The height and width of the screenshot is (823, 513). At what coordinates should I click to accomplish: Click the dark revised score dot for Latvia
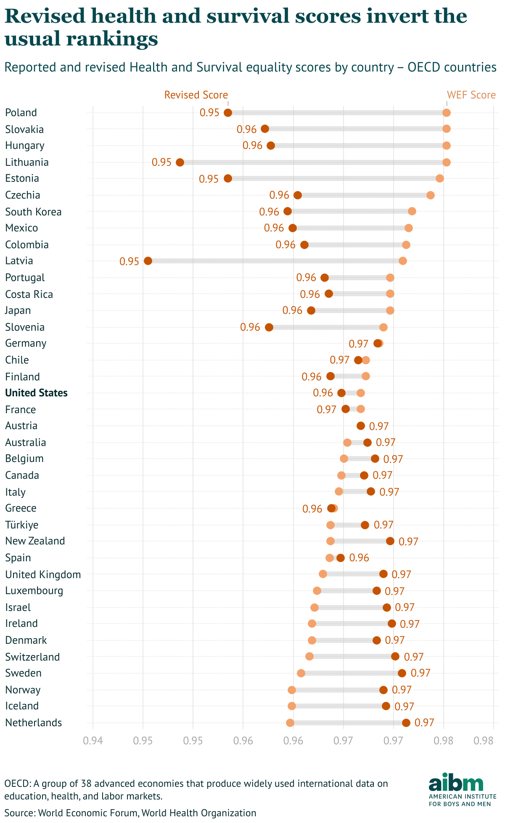[x=148, y=261]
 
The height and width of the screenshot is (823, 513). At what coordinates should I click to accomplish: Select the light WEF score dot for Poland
[x=447, y=113]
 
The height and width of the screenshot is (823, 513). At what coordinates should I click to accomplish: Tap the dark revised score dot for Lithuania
[x=180, y=162]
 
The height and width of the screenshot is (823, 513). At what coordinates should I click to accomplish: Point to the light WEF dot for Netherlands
[x=290, y=723]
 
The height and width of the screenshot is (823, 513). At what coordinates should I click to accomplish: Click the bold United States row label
[x=36, y=393]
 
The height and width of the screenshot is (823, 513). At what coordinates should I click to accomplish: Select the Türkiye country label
[x=22, y=525]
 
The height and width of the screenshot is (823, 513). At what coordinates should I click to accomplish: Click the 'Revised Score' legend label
[x=196, y=95]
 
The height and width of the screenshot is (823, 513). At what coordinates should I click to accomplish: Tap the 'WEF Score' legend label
[x=471, y=95]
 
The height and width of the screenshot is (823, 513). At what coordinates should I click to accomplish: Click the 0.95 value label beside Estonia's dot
[x=209, y=179]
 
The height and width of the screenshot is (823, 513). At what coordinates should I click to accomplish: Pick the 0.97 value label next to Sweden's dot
[x=420, y=673]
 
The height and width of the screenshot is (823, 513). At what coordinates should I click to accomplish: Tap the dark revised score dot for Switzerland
[x=395, y=656]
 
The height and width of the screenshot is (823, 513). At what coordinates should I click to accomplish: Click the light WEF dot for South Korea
[x=412, y=211]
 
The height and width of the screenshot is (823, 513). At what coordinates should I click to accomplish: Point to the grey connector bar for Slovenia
[x=326, y=327]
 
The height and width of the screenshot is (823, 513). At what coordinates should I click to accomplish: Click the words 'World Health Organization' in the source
[x=198, y=813]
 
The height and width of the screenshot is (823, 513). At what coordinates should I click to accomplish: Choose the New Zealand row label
[x=35, y=541]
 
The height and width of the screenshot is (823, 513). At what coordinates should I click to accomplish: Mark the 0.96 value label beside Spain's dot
[x=359, y=558]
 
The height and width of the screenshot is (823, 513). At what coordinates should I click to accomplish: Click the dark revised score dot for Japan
[x=311, y=311]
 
